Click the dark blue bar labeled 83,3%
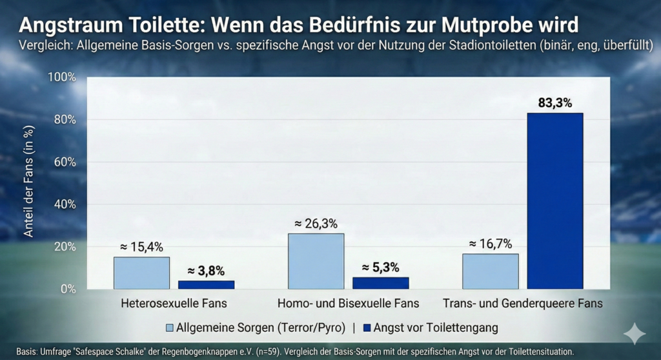554,201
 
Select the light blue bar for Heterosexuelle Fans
132,273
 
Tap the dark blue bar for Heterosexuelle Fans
206,285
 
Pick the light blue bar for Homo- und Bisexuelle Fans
316,261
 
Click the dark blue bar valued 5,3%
380,283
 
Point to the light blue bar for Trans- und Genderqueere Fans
490,271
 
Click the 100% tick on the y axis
63,77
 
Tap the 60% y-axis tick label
65,162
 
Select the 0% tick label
68,289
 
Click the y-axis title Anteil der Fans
28,181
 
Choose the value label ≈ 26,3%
316,223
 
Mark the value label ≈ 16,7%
490,243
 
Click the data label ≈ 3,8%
206,271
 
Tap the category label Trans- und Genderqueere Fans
523,303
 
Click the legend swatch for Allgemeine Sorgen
170,328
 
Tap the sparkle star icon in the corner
634,334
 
